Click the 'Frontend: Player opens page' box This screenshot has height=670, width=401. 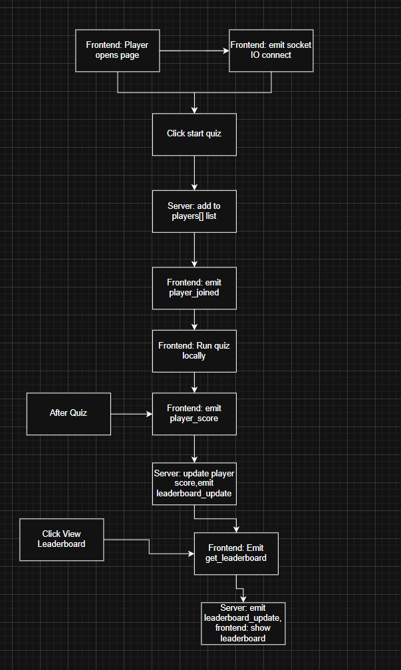pyautogui.click(x=117, y=51)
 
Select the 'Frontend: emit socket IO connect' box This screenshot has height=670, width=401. pyautogui.click(x=271, y=51)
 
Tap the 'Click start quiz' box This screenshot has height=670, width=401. pyautogui.click(x=194, y=134)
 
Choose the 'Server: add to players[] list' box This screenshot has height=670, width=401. pyautogui.click(x=194, y=212)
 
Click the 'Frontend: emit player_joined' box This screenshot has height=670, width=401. pyautogui.click(x=194, y=288)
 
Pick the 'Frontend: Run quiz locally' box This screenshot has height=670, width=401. pyautogui.click(x=194, y=351)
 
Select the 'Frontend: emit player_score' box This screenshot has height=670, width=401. pyautogui.click(x=194, y=413)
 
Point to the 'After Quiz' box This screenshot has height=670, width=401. pyautogui.click(x=68, y=413)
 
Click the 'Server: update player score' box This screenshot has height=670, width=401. pyautogui.click(x=194, y=482)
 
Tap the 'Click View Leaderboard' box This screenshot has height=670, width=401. pyautogui.click(x=62, y=539)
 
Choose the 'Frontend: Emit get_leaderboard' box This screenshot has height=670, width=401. pyautogui.click(x=236, y=553)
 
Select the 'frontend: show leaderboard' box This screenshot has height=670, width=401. pyautogui.click(x=243, y=623)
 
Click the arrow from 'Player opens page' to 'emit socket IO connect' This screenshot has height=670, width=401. pyautogui.click(x=193, y=51)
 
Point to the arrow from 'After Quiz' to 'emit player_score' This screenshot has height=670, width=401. pyautogui.click(x=132, y=414)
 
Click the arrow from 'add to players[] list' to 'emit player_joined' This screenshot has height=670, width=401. pyautogui.click(x=194, y=250)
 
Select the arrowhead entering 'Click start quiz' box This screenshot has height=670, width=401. pyautogui.click(x=194, y=110)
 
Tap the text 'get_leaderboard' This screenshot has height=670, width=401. pyautogui.click(x=236, y=558)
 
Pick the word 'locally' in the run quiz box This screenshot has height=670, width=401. pyautogui.click(x=194, y=356)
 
